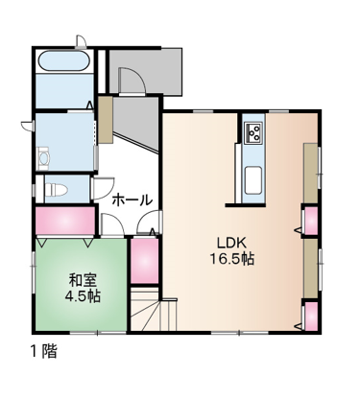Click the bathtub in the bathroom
tap(64, 60)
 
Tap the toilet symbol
tap(57, 189)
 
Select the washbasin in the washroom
tap(43, 158)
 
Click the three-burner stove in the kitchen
tap(253, 132)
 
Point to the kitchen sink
tap(253, 180)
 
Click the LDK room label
tap(231, 244)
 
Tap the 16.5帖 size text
tap(231, 259)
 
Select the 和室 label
tap(83, 281)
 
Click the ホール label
tap(132, 200)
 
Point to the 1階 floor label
tap(44, 352)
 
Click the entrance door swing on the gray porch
tap(132, 82)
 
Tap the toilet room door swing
tap(103, 189)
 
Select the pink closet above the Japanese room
tap(64, 221)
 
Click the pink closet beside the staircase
tap(145, 261)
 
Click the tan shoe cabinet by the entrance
tap(106, 120)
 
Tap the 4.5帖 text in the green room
tap(83, 297)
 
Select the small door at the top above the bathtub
tap(82, 41)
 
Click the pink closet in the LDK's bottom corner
tap(310, 317)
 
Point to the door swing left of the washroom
tap(28, 126)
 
